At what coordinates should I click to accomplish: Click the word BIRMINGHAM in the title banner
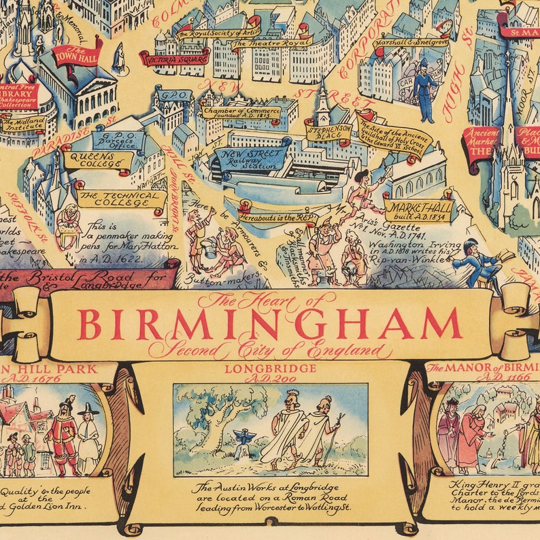[271, 324]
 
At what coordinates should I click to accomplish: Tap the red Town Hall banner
[77, 54]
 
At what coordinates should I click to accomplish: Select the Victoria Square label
[174, 58]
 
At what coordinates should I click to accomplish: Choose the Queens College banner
[97, 160]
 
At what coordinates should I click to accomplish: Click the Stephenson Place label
[328, 131]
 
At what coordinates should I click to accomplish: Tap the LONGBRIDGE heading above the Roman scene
[270, 368]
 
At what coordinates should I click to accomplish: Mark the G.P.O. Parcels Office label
[118, 140]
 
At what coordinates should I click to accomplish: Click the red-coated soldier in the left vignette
[65, 433]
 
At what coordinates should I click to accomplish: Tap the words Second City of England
[271, 351]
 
